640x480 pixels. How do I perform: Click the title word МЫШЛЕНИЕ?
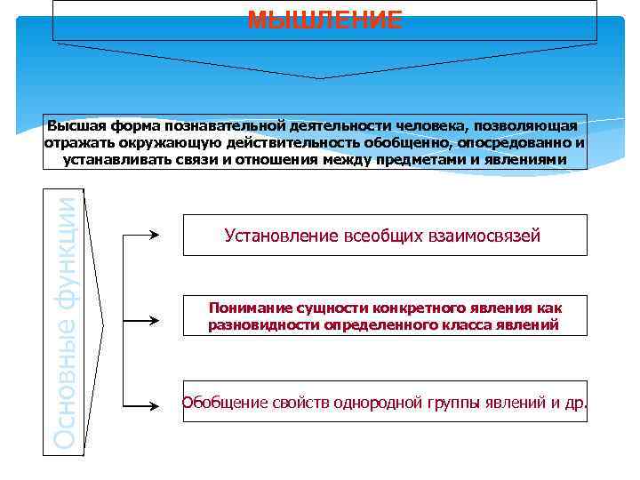324,20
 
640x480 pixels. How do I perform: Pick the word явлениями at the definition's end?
530,159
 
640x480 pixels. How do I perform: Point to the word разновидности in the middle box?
261,324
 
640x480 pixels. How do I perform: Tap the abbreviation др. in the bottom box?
576,403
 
